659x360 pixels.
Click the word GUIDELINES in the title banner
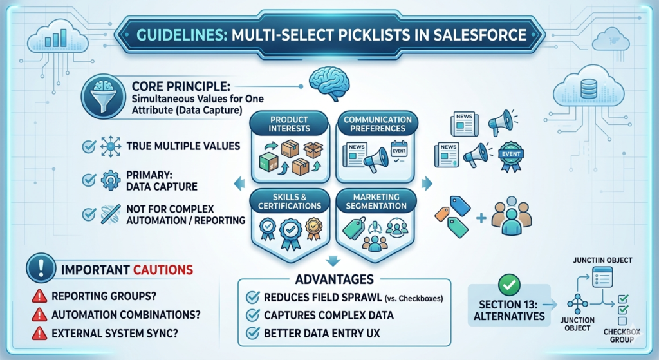pyautogui.click(x=180, y=35)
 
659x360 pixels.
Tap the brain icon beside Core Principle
pyautogui.click(x=329, y=84)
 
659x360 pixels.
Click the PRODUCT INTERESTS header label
pyautogui.click(x=289, y=124)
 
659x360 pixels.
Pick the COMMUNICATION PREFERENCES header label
pyautogui.click(x=377, y=124)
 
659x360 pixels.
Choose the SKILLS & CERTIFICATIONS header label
pyautogui.click(x=290, y=202)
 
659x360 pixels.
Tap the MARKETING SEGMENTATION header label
pyautogui.click(x=376, y=202)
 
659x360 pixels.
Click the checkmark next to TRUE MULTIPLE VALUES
pyautogui.click(x=89, y=146)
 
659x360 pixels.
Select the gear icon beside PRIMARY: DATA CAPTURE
pyautogui.click(x=111, y=180)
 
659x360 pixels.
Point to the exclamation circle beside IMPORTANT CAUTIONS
pyautogui.click(x=41, y=268)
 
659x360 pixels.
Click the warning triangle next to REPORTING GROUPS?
pyautogui.click(x=39, y=296)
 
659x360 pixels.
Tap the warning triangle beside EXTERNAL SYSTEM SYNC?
pyautogui.click(x=39, y=333)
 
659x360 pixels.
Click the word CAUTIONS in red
pyautogui.click(x=163, y=270)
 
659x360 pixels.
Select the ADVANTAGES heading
pyautogui.click(x=335, y=279)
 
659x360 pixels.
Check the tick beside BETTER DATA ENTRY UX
pyautogui.click(x=252, y=333)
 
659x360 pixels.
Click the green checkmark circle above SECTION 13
pyautogui.click(x=509, y=285)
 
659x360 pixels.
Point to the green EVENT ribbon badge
pyautogui.click(x=511, y=156)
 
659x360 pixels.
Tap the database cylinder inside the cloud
pyautogui.click(x=588, y=89)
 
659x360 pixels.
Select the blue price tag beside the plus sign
pyautogui.click(x=460, y=206)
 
